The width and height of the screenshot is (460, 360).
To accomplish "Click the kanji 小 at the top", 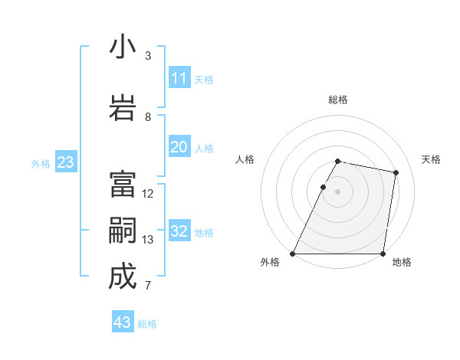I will tap(123, 47).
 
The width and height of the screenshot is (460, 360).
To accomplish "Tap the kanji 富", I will tap(123, 185).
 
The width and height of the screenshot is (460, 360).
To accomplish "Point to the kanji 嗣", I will tap(123, 231).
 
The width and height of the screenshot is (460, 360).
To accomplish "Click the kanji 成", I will tap(123, 277).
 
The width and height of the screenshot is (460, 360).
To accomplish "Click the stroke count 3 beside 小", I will tap(148, 56).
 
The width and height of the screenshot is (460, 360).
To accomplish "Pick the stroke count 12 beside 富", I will tap(148, 194).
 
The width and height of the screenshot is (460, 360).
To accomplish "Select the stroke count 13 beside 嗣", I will tap(148, 240).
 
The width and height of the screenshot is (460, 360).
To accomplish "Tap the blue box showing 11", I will tap(179, 78).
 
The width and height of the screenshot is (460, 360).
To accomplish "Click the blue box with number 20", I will tap(179, 147).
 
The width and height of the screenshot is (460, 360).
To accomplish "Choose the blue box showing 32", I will tap(179, 231).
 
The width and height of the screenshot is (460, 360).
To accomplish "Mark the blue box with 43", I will tap(122, 322).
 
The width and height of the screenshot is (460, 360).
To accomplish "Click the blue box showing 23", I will tap(65, 162).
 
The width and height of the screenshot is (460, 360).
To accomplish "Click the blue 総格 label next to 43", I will tap(147, 324).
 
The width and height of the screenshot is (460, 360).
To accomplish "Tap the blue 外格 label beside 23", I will tap(41, 163).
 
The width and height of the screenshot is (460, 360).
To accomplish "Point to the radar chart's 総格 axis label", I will tap(338, 100).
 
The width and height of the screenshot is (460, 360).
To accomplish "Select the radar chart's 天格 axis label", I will tap(431, 159).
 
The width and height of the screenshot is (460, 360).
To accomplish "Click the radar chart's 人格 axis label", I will tap(245, 159).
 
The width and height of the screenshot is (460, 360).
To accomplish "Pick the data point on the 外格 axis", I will tap(293, 254).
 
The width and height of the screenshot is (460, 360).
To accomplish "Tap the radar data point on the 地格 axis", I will tap(383, 254).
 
